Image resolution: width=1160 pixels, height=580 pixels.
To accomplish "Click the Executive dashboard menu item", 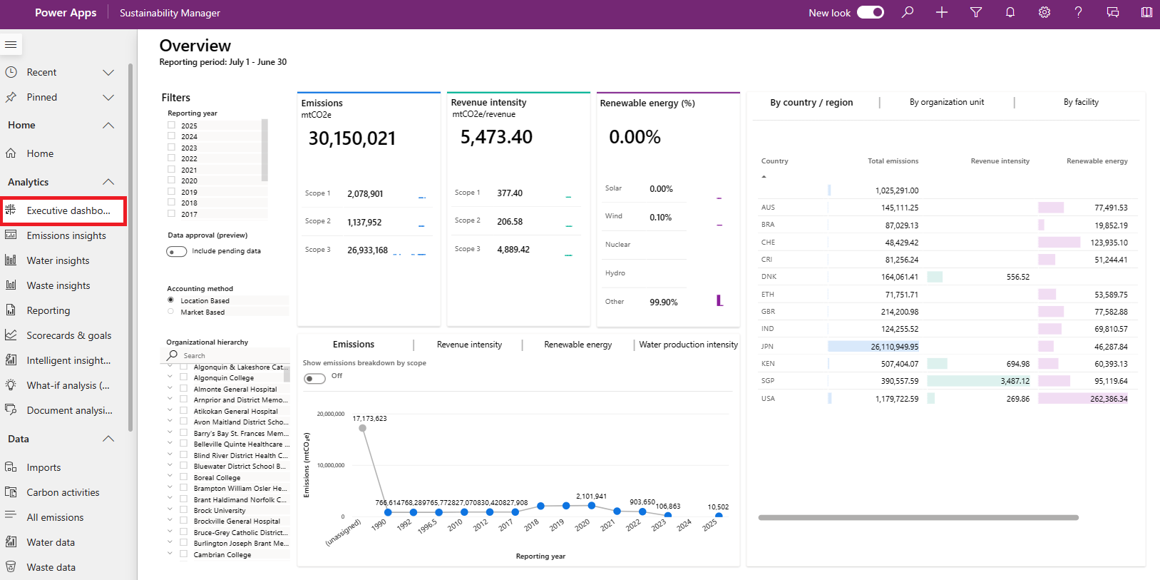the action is click(63, 210).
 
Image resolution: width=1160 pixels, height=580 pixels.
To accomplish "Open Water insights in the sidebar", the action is click(58, 260).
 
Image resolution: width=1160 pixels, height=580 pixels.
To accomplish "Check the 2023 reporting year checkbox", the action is click(171, 147).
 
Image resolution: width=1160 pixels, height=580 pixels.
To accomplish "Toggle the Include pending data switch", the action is click(176, 251).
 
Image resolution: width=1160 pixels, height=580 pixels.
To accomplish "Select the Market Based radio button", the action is click(171, 312).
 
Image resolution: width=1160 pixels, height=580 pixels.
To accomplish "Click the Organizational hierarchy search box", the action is click(228, 355).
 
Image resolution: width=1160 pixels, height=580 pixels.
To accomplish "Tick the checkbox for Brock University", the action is click(183, 510).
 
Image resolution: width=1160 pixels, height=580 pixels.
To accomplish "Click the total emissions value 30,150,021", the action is click(352, 138).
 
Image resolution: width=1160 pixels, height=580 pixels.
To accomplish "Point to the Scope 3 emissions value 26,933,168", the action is click(367, 250).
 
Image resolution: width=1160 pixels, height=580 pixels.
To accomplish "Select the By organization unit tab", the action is click(947, 102).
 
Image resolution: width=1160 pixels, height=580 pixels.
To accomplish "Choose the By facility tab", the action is click(1081, 102).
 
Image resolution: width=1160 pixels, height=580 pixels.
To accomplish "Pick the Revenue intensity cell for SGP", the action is click(1015, 381).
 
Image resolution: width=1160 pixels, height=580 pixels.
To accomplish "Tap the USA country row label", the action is click(768, 399).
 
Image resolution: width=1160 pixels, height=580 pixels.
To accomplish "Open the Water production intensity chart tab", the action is click(688, 345).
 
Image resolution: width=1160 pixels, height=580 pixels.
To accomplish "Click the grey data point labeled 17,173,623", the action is click(362, 428).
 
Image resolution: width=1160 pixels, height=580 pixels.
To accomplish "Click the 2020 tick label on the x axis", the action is click(582, 525).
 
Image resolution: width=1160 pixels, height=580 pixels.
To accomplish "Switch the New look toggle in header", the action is click(871, 12).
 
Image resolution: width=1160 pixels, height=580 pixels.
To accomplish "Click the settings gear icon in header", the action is click(1044, 12).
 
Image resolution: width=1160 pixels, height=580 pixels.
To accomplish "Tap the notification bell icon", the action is click(1010, 12).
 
